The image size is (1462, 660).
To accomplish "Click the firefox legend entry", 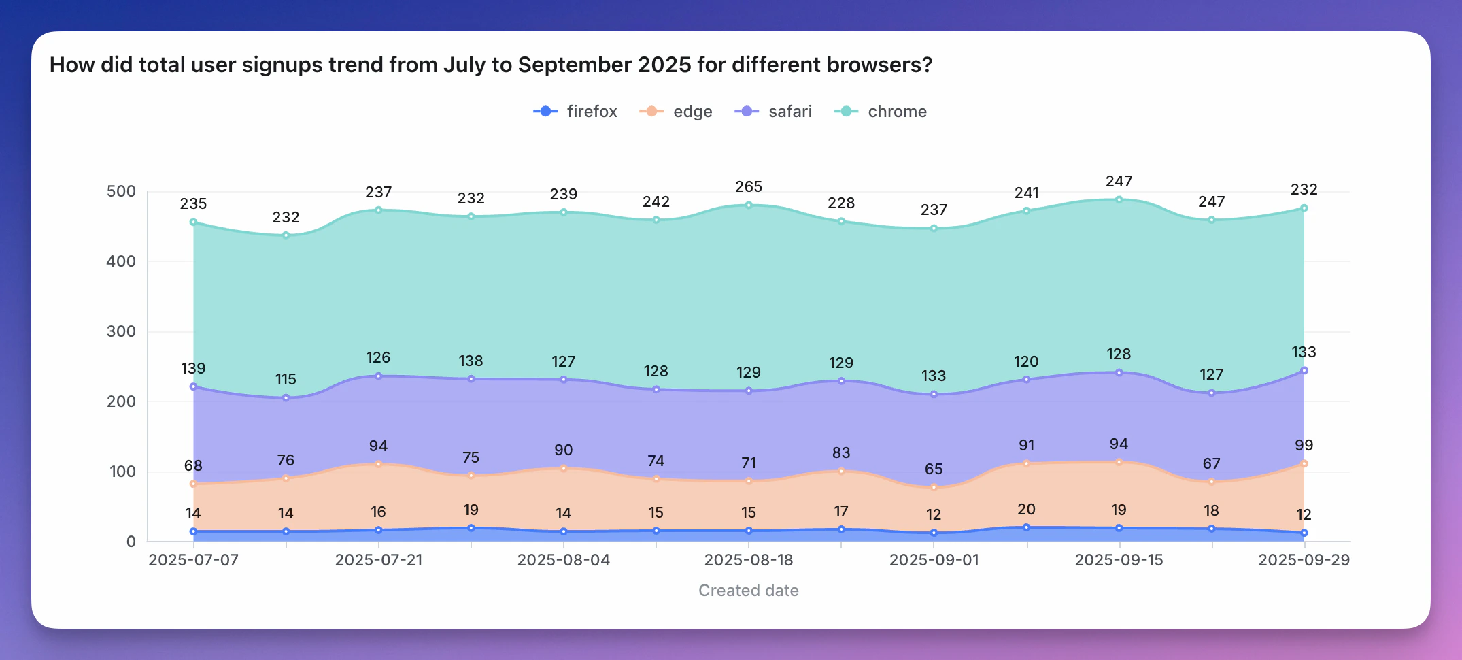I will click(x=576, y=112).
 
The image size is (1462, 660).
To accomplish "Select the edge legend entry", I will click(x=677, y=112).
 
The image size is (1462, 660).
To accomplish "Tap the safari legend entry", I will click(x=774, y=112).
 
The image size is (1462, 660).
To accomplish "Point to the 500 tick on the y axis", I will click(x=121, y=191).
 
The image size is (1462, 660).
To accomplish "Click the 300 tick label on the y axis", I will click(x=121, y=331).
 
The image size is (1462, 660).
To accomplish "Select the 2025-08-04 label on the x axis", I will click(x=563, y=560).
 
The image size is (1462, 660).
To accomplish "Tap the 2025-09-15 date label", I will click(x=1119, y=560).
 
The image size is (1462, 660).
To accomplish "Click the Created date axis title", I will click(x=748, y=591).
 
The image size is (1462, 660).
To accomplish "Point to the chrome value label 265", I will click(x=748, y=186).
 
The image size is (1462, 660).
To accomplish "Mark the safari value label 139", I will click(x=193, y=368).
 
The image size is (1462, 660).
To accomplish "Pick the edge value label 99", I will click(x=1304, y=445).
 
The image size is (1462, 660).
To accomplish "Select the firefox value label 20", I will click(x=1026, y=509).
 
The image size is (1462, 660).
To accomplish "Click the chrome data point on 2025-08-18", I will click(x=749, y=205).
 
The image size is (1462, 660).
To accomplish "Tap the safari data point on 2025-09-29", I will click(x=1304, y=371).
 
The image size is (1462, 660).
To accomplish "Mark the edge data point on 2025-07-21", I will click(x=379, y=464).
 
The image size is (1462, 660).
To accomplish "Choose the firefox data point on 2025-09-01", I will click(x=934, y=533).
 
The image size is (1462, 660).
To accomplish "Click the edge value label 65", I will click(x=934, y=469).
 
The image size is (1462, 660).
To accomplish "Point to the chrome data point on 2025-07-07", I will click(x=194, y=222).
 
